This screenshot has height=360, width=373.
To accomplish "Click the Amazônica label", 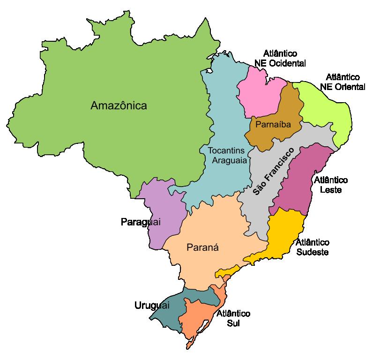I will (119, 105).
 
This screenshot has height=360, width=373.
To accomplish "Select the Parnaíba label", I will (273, 125).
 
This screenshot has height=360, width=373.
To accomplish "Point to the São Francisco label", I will (273, 172).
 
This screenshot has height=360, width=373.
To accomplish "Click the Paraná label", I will (203, 247).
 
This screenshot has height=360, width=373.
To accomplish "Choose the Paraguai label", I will (141, 222).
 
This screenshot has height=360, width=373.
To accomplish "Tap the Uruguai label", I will (152, 306).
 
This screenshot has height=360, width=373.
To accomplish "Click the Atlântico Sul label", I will (233, 318).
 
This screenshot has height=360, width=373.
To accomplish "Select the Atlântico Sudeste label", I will (313, 247).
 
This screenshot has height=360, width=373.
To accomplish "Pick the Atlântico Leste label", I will (331, 185).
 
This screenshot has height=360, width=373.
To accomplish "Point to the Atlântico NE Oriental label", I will (343, 82).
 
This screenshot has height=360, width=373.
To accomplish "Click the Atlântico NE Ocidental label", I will (280, 59).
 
